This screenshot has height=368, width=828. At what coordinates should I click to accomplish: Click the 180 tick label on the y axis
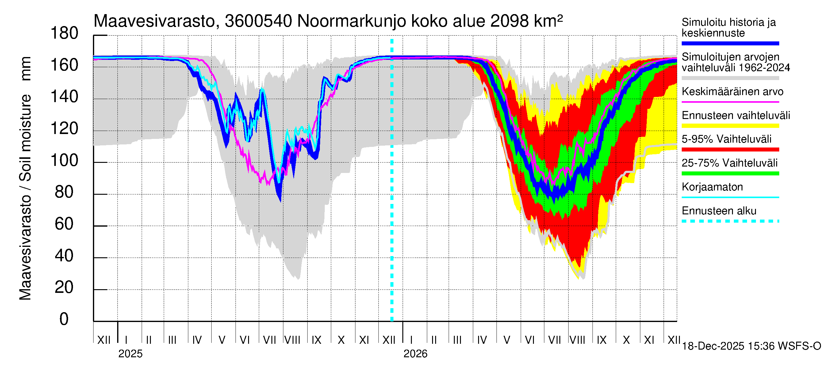(x=64, y=33)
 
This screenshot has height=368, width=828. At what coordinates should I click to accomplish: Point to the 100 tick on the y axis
(x=64, y=160)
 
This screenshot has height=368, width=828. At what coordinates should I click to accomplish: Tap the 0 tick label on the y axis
(x=64, y=319)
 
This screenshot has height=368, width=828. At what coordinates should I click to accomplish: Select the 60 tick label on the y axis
(x=64, y=224)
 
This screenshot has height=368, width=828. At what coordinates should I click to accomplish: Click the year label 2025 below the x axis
(x=130, y=354)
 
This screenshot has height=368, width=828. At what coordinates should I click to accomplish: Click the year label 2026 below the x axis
(x=415, y=354)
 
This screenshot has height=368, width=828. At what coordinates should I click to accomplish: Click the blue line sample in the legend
(x=730, y=43)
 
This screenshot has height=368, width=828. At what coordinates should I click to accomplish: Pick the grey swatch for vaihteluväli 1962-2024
(x=730, y=78)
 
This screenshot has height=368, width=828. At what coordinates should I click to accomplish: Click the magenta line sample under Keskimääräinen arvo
(x=730, y=102)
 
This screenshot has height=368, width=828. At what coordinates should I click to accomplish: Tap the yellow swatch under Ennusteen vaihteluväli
(x=730, y=126)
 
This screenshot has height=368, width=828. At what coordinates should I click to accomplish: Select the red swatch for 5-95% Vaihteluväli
(x=730, y=149)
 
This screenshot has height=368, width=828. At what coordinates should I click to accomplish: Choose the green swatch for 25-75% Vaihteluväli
(x=730, y=174)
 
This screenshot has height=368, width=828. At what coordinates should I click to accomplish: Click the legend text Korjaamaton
(x=712, y=187)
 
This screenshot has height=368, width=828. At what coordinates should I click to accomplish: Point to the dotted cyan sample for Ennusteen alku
(x=730, y=221)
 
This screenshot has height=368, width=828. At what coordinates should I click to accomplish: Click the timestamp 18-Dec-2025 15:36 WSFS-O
(x=751, y=346)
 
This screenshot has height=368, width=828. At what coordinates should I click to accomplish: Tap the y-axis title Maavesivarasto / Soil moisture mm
(x=25, y=178)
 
